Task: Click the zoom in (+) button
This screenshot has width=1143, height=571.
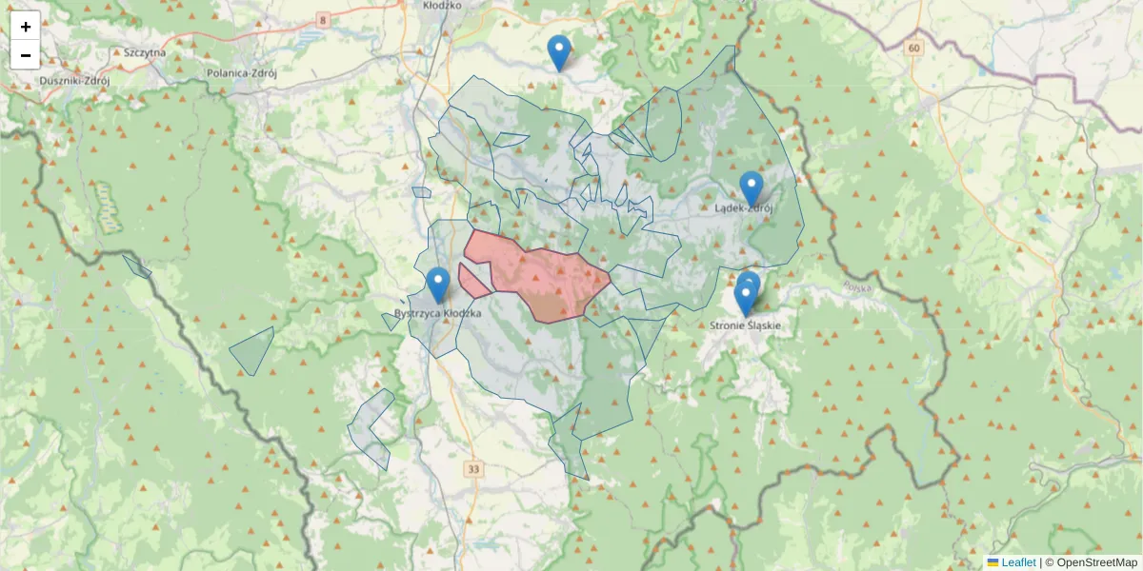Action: click(26, 27)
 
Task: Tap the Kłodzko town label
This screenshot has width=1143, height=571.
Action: click(441, 5)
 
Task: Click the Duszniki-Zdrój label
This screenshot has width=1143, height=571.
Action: click(75, 81)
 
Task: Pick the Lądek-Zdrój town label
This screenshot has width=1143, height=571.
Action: click(745, 207)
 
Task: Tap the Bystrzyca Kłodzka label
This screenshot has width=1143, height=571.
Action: click(438, 313)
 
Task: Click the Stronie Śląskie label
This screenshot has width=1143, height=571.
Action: click(746, 325)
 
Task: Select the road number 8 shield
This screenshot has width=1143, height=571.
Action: click(324, 19)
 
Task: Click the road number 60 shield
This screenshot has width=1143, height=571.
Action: click(914, 48)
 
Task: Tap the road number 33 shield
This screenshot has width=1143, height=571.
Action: click(474, 469)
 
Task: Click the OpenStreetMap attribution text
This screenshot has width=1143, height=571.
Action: click(1095, 562)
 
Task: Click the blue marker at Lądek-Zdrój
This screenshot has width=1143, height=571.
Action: click(752, 188)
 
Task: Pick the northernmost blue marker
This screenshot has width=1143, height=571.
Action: click(559, 52)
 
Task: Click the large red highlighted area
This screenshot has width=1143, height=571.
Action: click(543, 276)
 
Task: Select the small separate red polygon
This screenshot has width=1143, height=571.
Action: click(473, 283)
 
